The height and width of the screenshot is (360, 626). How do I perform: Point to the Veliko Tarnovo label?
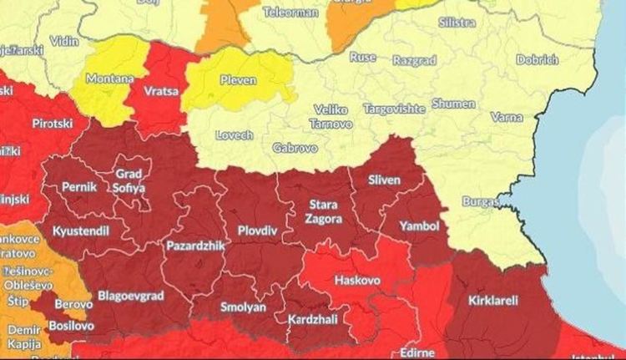pos(332,116)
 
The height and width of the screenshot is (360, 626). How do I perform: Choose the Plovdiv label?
pos(256,205)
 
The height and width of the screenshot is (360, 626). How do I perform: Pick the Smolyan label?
pos(242,307)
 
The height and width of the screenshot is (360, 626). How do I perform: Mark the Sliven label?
pos(385,180)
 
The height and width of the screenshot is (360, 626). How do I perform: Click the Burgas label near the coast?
pos(484,201)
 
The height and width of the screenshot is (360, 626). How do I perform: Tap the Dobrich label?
pos(537,60)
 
